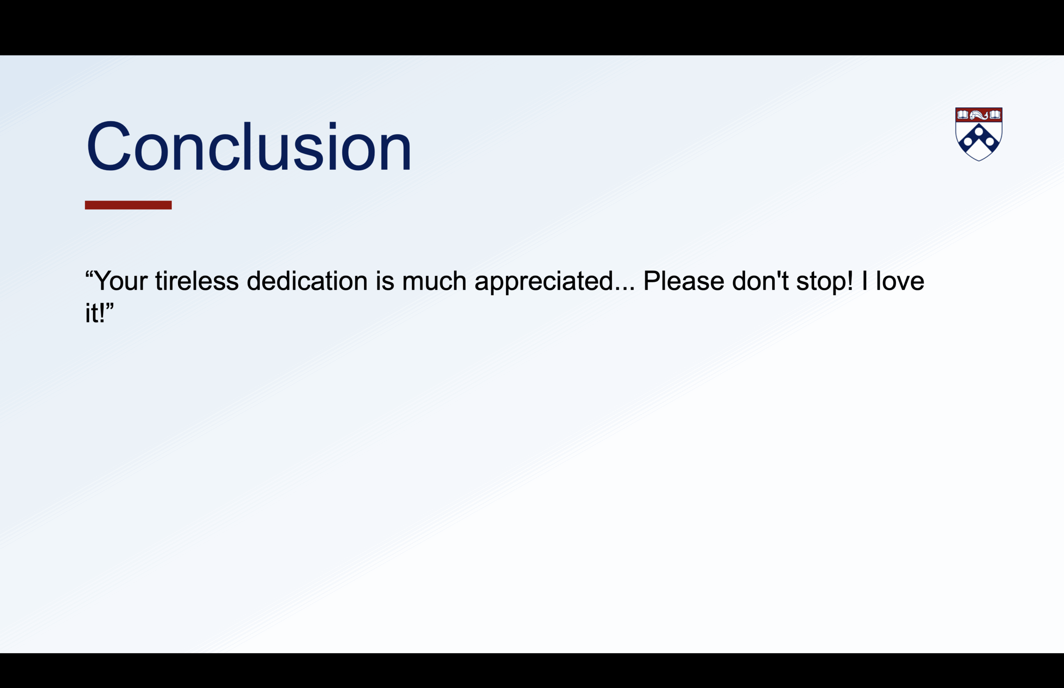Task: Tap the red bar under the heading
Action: pyautogui.click(x=128, y=205)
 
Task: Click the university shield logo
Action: pyautogui.click(x=979, y=134)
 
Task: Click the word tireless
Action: pyautogui.click(x=197, y=281)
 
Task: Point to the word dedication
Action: pyautogui.click(x=307, y=281)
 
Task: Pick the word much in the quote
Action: pyautogui.click(x=434, y=281)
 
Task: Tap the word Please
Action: pyautogui.click(x=684, y=281)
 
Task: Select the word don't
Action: pyautogui.click(x=760, y=281)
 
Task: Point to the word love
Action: pyautogui.click(x=899, y=281)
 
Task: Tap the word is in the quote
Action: pyautogui.click(x=384, y=281)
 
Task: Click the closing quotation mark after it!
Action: pyautogui.click(x=110, y=306)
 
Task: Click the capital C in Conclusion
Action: pyautogui.click(x=108, y=146)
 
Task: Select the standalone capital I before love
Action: pyautogui.click(x=864, y=281)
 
